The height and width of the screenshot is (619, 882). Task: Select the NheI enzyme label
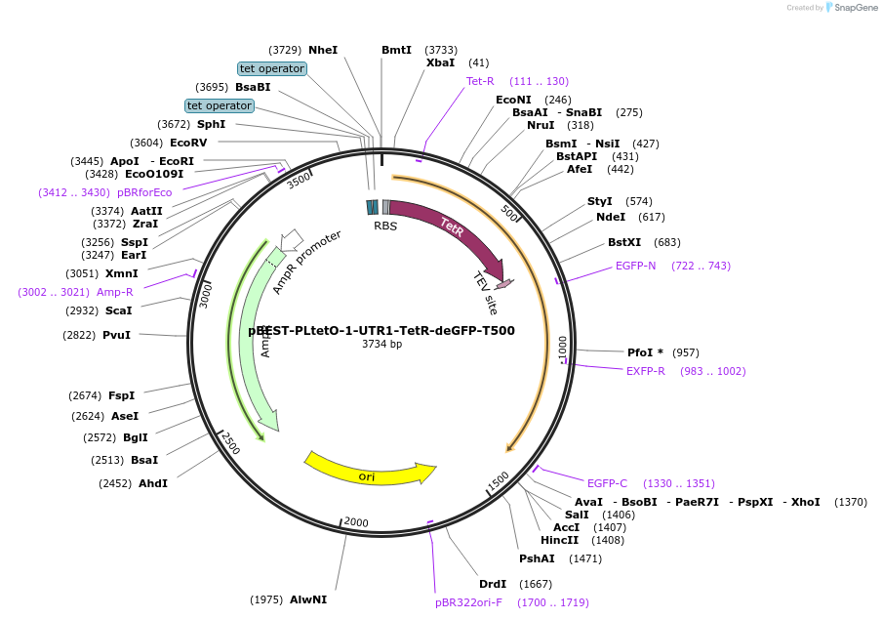[323, 50]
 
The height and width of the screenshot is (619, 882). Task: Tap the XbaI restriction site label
[441, 62]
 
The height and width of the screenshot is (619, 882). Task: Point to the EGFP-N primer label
[636, 266]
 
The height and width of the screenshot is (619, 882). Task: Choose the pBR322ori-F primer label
[468, 602]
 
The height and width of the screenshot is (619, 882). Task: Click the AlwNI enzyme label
[308, 599]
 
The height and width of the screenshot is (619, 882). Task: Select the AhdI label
[153, 483]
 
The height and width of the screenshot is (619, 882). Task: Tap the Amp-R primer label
[115, 292]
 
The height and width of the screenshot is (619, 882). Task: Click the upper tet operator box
[272, 68]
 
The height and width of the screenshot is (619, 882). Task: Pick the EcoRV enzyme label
[188, 143]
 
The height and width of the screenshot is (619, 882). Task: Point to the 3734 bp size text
[381, 345]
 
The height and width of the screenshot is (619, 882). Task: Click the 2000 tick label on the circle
[356, 522]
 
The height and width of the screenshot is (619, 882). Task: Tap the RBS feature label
[385, 226]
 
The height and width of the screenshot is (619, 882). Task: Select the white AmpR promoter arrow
[291, 240]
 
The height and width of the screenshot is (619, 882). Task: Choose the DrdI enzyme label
[493, 584]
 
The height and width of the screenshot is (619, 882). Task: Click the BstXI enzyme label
[624, 242]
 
